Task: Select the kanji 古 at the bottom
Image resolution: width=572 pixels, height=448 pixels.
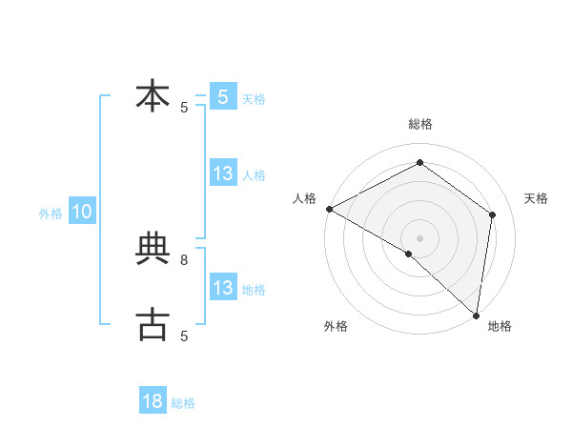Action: point(153,324)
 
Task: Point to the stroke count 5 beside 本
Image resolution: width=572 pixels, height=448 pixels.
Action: point(184,108)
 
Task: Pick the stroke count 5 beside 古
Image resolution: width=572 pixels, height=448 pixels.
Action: point(184,336)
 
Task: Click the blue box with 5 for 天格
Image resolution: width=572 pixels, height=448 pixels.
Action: point(223,97)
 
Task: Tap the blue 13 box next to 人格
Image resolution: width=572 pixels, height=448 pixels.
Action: point(223,173)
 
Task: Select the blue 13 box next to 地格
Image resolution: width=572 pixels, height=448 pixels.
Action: point(223,288)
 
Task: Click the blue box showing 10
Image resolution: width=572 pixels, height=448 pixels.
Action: point(82,212)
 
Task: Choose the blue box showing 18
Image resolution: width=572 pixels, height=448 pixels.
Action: point(153,401)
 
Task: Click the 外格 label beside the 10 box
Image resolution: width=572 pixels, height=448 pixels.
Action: point(51,214)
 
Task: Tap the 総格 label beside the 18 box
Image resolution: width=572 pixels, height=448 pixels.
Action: point(183,403)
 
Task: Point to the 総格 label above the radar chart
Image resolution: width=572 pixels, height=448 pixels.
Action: point(419,124)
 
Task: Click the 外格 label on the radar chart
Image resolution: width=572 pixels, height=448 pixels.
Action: point(336,326)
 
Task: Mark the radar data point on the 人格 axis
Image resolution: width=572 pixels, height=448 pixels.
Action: point(329,209)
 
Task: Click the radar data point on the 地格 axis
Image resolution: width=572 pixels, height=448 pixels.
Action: point(476,315)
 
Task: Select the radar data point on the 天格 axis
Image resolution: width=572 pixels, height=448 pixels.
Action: point(493,214)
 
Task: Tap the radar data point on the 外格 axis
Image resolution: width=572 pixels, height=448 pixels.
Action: point(408,254)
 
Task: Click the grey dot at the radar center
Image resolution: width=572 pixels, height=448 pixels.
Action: point(419,237)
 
